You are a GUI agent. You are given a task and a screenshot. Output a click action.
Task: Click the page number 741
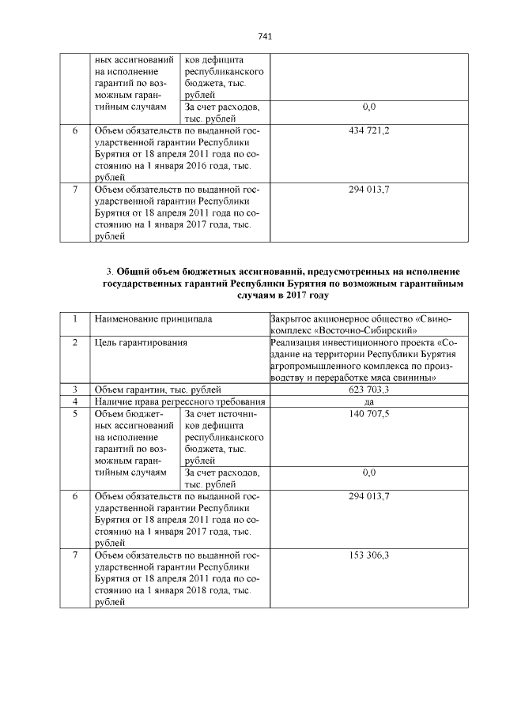265,37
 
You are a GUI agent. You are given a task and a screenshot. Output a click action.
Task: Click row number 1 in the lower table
75,319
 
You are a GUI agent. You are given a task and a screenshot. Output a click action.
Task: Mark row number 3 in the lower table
75,389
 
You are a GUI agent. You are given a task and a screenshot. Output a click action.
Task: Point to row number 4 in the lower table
75,401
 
